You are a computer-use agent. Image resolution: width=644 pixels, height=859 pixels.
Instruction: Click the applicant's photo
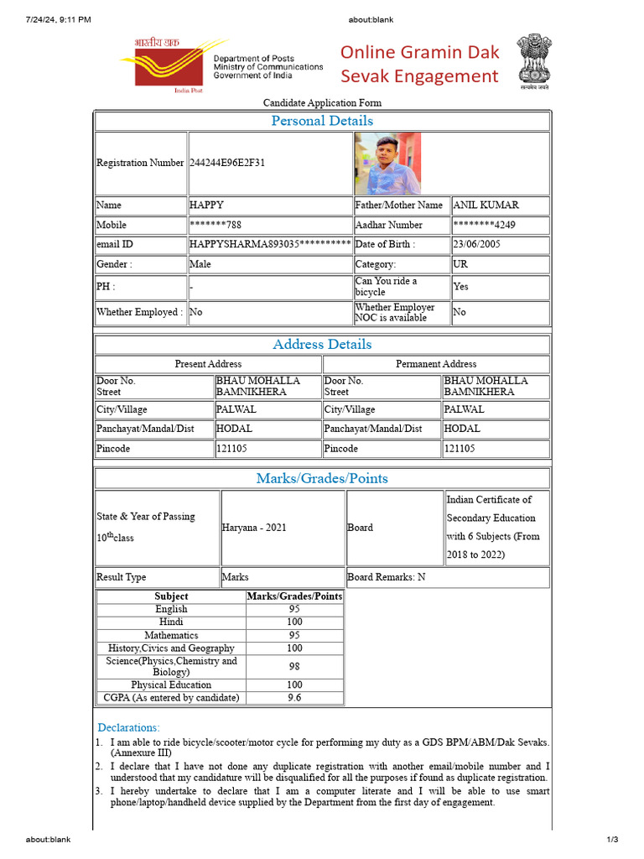tap(388, 163)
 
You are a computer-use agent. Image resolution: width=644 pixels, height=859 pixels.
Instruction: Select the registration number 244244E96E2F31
tap(227, 163)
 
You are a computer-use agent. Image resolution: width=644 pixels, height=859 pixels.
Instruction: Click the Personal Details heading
tap(322, 121)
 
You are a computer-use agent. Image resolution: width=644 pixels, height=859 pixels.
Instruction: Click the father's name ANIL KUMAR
tap(486, 205)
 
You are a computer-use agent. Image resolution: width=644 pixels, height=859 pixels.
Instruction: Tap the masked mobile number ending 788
tap(217, 225)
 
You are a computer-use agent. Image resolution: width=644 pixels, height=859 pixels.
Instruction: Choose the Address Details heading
tap(322, 344)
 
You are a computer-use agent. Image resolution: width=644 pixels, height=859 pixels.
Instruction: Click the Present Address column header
tap(208, 364)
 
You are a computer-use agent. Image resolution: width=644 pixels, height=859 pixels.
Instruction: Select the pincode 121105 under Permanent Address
tap(460, 449)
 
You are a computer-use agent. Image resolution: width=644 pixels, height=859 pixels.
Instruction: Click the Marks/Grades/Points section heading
tap(322, 478)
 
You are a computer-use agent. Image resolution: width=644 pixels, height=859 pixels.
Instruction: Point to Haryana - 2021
tap(254, 528)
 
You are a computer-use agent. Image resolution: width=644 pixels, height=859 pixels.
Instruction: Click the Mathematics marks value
tap(294, 635)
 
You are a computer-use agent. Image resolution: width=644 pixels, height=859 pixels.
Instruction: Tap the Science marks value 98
tap(294, 666)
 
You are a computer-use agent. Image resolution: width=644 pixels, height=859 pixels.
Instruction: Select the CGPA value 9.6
tap(294, 697)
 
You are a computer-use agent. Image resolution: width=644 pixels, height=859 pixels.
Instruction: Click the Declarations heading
tap(128, 727)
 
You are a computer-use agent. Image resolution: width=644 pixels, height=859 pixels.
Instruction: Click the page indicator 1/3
tap(611, 840)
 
